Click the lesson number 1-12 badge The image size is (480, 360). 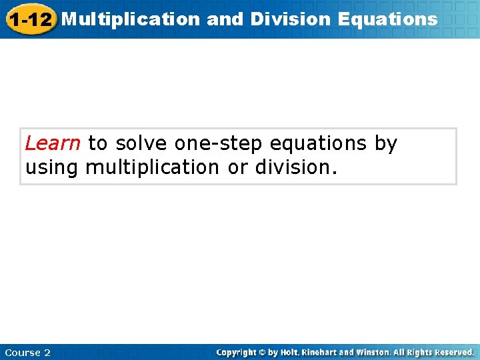point(29,19)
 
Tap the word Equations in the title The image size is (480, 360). point(388,19)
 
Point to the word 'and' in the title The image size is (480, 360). point(225,19)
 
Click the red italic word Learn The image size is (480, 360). point(53,143)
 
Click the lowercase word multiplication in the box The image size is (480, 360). point(152,167)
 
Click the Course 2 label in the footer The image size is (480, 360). point(27,353)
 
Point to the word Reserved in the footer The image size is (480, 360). point(453,352)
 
